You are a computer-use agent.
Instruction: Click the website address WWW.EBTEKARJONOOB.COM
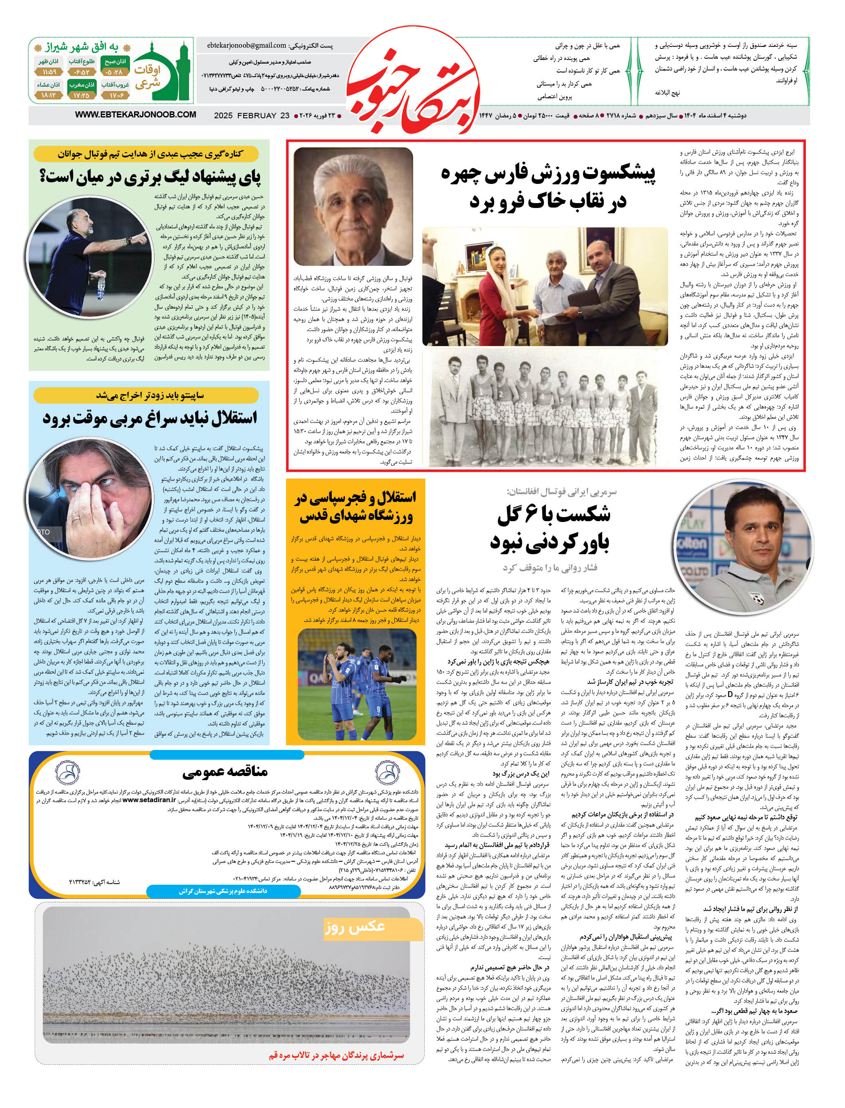point(135,115)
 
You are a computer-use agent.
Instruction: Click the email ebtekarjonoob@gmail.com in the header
point(247,45)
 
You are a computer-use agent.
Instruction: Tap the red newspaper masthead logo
point(413,80)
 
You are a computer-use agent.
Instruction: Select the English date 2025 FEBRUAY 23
point(252,116)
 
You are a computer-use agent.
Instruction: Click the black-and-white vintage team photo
point(545,407)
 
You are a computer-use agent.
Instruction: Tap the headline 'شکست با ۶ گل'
point(553,514)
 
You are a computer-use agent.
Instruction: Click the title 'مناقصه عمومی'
point(225,772)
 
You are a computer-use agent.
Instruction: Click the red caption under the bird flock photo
point(336,1055)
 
